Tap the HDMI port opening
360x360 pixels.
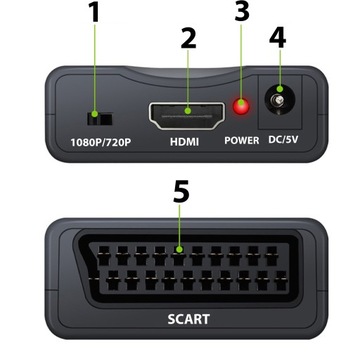click(186, 112)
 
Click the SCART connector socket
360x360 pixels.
click(180, 263)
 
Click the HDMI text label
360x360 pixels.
click(186, 142)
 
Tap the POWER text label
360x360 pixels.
click(240, 142)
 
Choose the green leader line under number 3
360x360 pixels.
click(239, 66)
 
